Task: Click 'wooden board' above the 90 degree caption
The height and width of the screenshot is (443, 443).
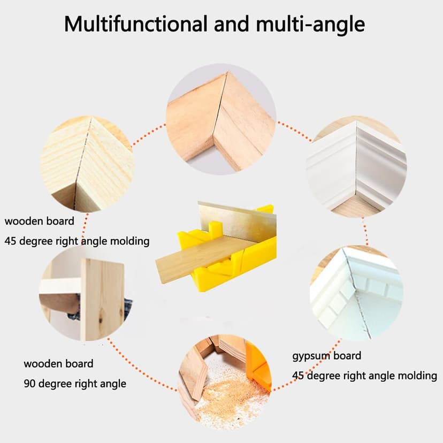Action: (x=58, y=364)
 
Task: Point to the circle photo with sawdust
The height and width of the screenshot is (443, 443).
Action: (x=225, y=380)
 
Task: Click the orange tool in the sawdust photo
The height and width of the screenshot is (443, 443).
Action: (x=259, y=366)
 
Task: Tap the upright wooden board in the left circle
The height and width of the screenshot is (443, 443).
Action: (x=102, y=300)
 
